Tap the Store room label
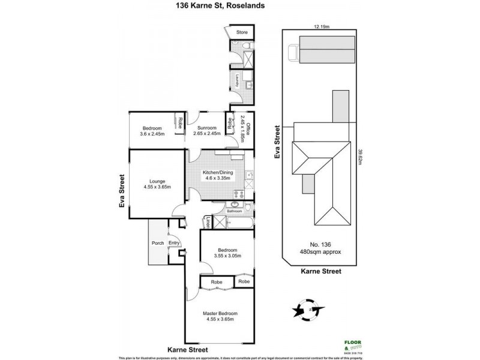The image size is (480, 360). [x=242, y=32]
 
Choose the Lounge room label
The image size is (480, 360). [x=157, y=181]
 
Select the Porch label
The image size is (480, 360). [x=158, y=243]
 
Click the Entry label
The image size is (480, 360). [x=174, y=243]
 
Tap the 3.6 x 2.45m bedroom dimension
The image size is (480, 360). [x=151, y=134]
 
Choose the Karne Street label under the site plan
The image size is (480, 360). [x=322, y=271]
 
